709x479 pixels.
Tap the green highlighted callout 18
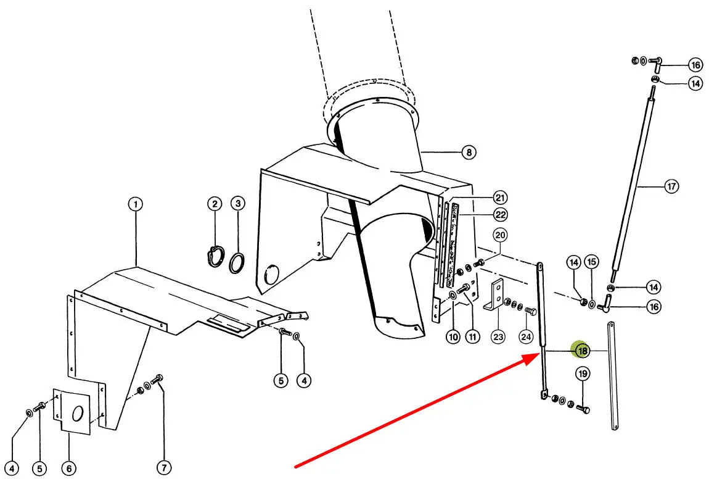tap(582, 351)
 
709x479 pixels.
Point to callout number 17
tap(671, 186)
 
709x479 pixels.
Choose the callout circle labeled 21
tap(500, 198)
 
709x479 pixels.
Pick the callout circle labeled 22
tap(500, 214)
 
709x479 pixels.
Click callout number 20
tap(500, 235)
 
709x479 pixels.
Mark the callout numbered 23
tap(498, 337)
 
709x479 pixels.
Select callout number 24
tap(525, 337)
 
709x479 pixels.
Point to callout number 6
tap(68, 469)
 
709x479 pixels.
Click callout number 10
tap(453, 337)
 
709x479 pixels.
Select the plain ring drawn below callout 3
tap(237, 261)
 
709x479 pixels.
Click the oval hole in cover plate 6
tap(78, 414)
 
